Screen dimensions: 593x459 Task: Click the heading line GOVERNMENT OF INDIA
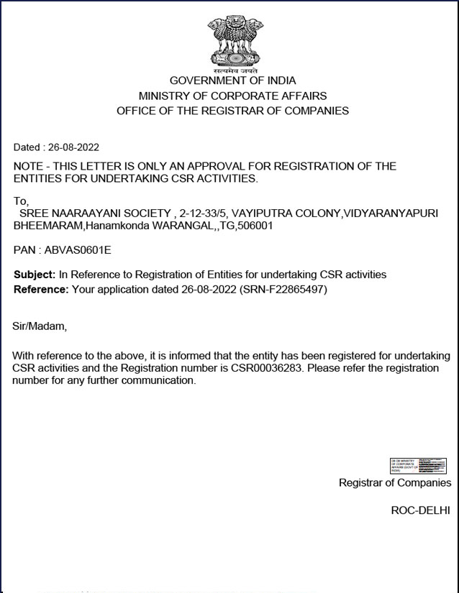click(x=232, y=81)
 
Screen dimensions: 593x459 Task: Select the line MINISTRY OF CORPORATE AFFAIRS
click(x=232, y=96)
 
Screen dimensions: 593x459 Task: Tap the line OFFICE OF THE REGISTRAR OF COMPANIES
click(x=232, y=111)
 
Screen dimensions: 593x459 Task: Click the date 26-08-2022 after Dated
click(x=73, y=147)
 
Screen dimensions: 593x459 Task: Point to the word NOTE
click(x=29, y=166)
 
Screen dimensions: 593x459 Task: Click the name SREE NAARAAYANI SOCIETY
click(x=96, y=213)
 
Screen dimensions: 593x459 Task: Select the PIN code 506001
click(x=256, y=226)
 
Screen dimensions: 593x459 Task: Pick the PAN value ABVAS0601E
click(x=78, y=250)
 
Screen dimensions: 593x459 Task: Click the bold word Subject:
click(x=35, y=275)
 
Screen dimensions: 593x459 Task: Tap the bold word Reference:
click(x=41, y=289)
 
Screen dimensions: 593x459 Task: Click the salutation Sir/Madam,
click(x=40, y=326)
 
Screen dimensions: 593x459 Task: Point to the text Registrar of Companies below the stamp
click(x=395, y=483)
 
